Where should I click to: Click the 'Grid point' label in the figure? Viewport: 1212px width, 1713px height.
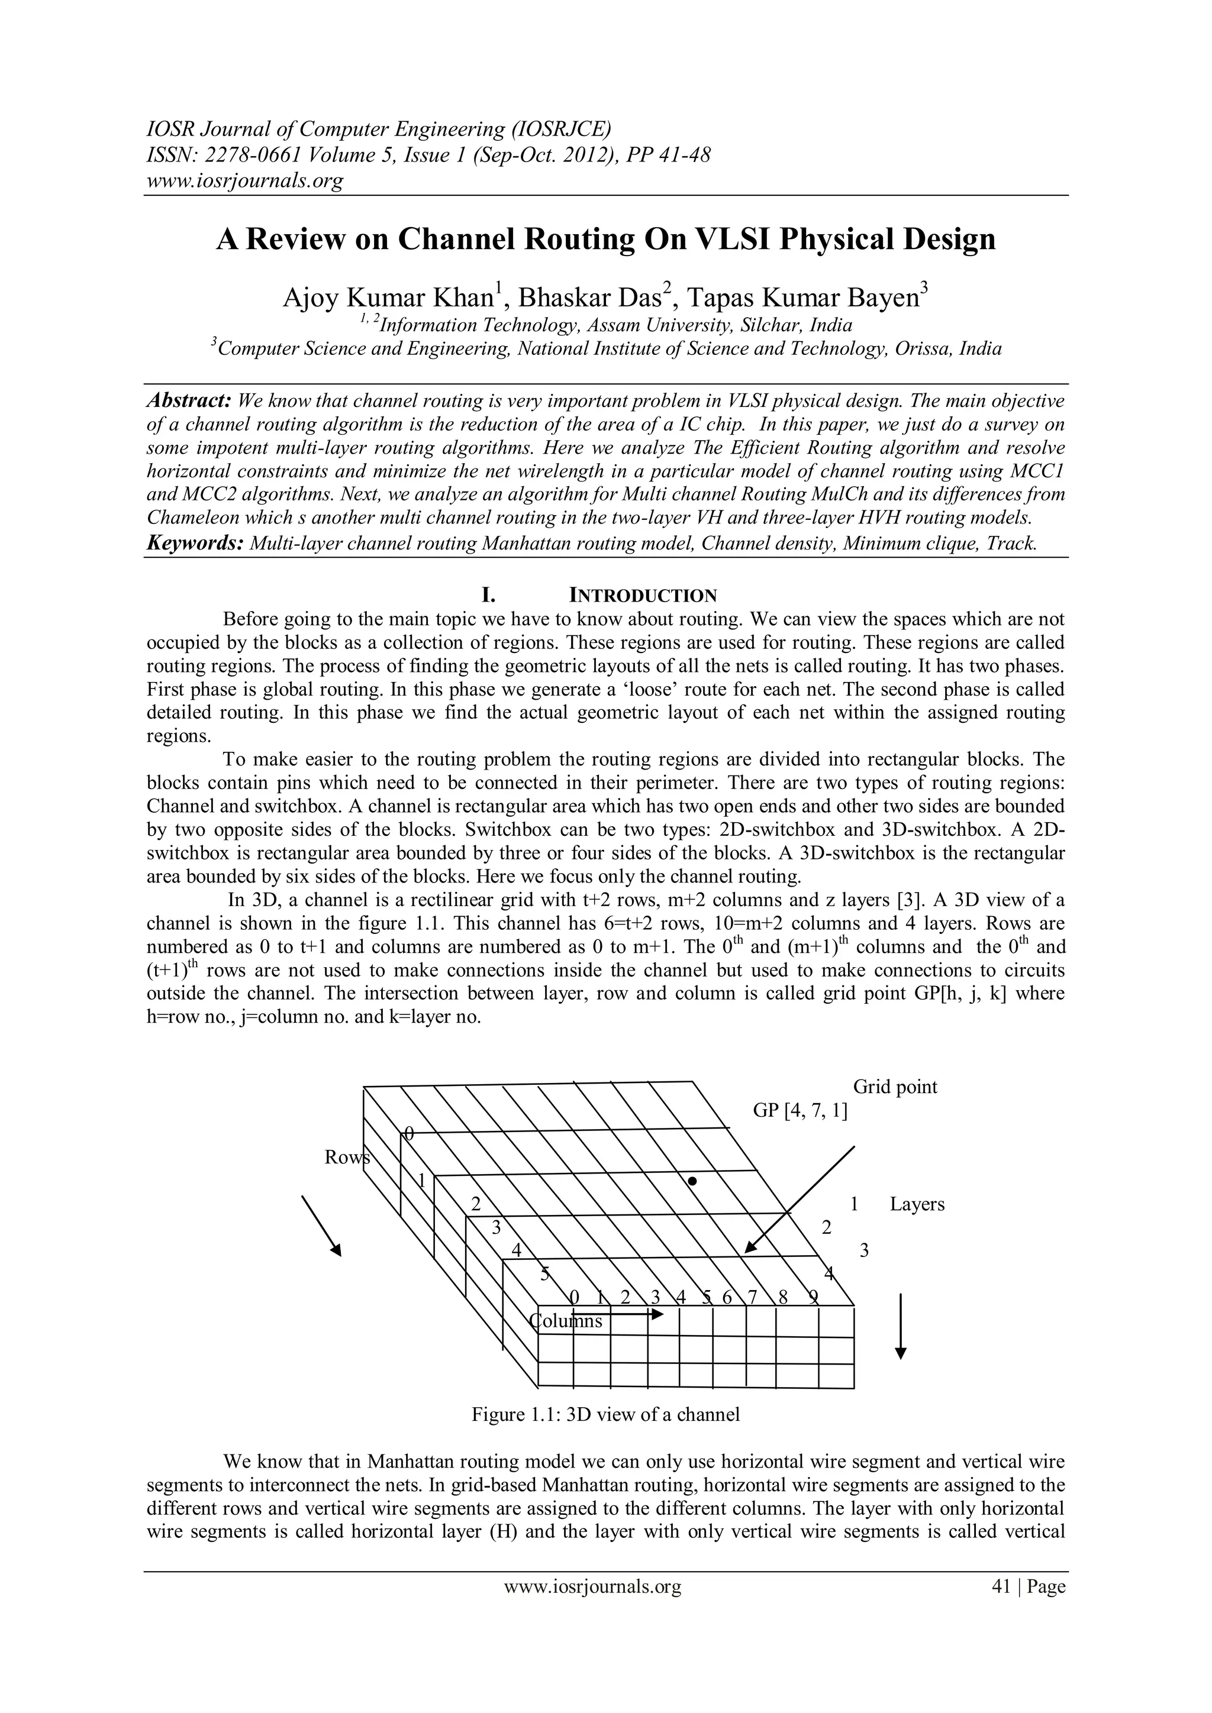pyautogui.click(x=895, y=1086)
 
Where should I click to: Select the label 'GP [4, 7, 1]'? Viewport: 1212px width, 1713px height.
pyautogui.click(x=800, y=1110)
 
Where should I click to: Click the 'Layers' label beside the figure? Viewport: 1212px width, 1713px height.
pyautogui.click(x=917, y=1204)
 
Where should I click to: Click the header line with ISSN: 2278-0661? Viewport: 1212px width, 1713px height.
pyautogui.click(x=427, y=155)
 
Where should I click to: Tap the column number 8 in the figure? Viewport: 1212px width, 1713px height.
pyautogui.click(x=783, y=1297)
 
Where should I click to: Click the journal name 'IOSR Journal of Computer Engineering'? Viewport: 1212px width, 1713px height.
pyautogui.click(x=378, y=130)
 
